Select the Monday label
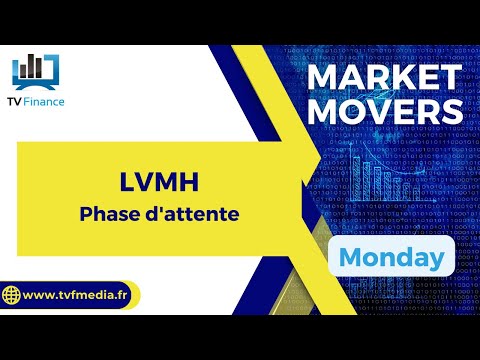[392, 257]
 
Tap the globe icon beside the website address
[13, 296]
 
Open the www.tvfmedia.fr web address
[79, 297]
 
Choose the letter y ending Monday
[436, 260]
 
